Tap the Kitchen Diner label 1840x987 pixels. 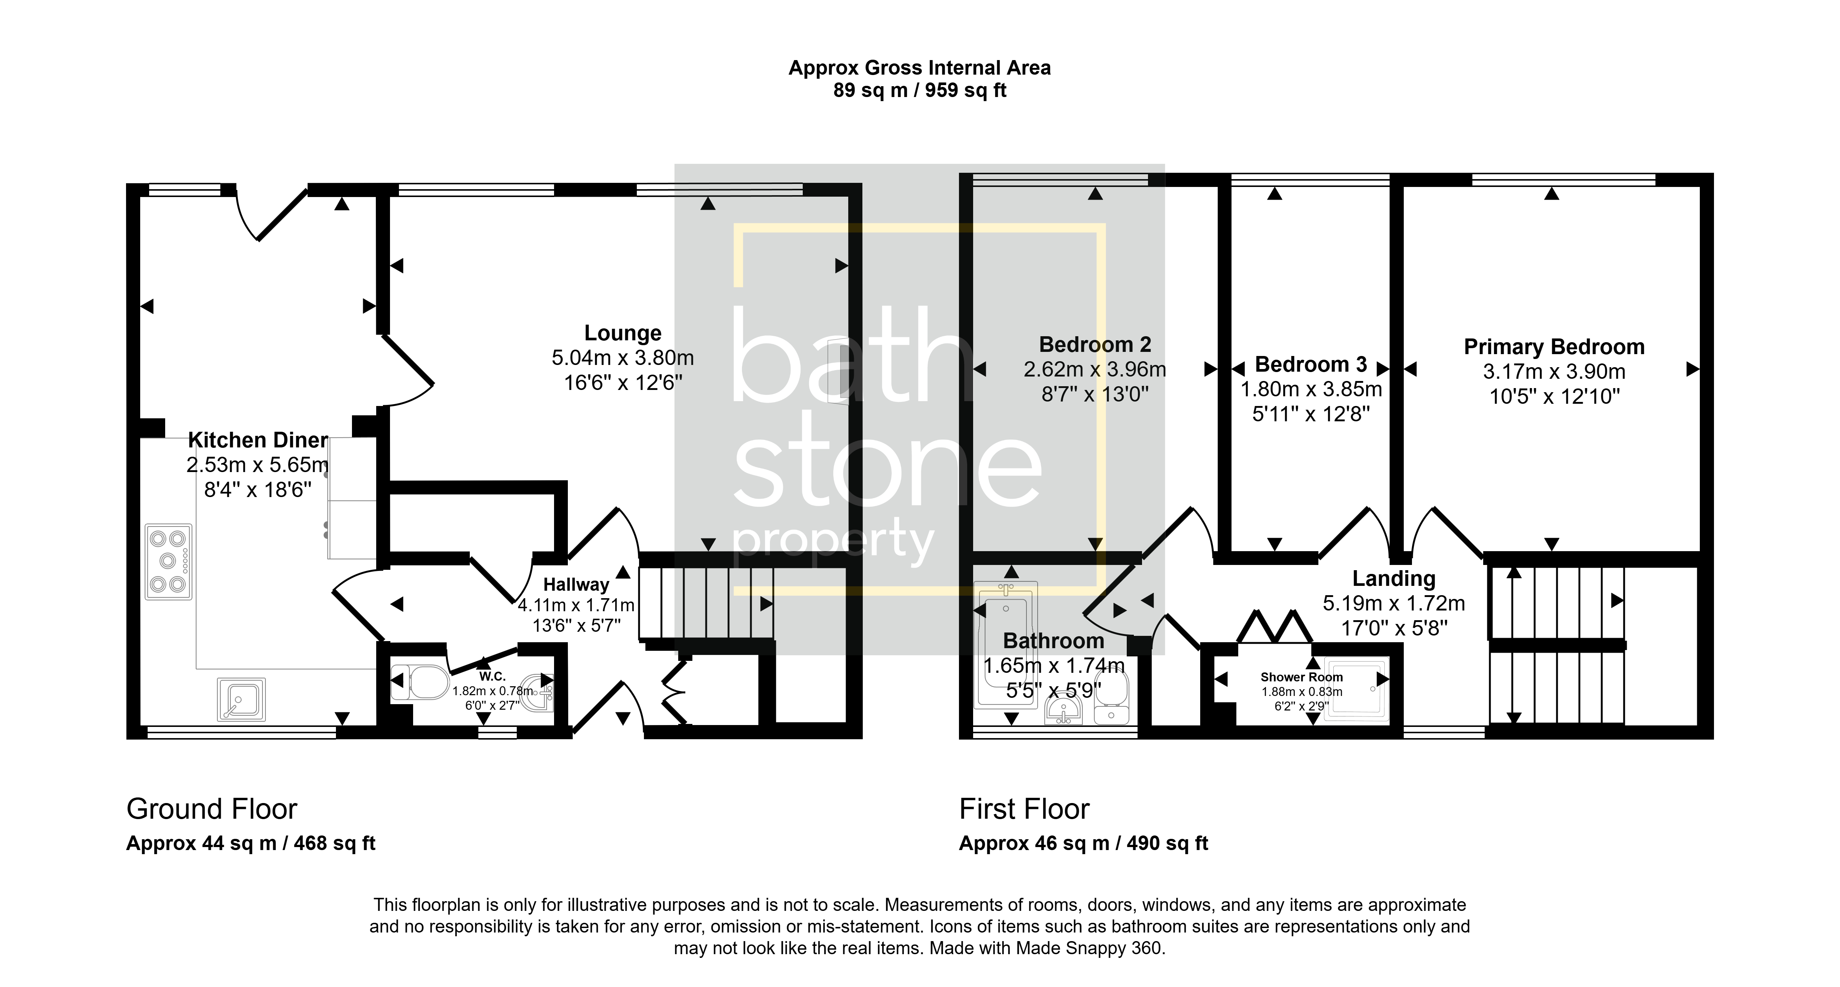click(x=258, y=440)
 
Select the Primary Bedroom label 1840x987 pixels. click(x=1554, y=347)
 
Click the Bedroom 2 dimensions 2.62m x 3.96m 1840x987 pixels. click(x=1095, y=369)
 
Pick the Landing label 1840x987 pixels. click(x=1394, y=578)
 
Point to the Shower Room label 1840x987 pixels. click(x=1302, y=677)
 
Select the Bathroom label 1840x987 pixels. click(x=1054, y=640)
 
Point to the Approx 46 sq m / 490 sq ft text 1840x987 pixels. click(x=1083, y=843)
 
